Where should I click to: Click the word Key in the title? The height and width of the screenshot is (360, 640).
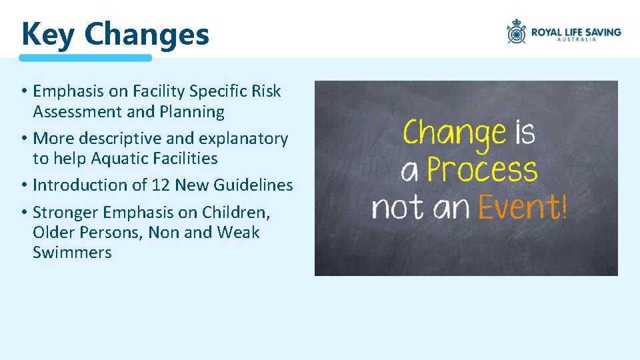(48, 34)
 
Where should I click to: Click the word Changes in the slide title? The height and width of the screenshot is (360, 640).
(147, 34)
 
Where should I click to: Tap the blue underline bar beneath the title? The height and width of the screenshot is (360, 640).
(85, 58)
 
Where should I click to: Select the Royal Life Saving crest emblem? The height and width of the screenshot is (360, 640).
(516, 31)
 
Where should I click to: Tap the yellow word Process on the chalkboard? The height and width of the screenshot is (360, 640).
(482, 170)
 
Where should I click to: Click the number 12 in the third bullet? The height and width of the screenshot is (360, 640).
(161, 185)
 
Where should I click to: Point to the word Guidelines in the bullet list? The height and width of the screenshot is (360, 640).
(253, 185)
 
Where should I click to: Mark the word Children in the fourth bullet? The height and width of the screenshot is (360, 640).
(235, 213)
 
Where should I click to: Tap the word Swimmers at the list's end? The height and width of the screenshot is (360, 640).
(72, 253)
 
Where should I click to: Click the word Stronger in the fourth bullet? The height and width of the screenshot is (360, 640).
(63, 213)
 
